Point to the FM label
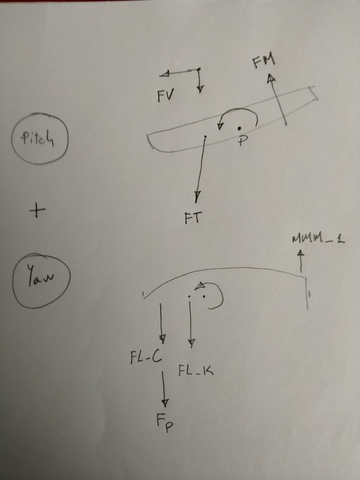[262, 61]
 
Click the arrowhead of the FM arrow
[271, 78]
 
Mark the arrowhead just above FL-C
[161, 335]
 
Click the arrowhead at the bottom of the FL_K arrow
[191, 344]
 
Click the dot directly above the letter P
[239, 128]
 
